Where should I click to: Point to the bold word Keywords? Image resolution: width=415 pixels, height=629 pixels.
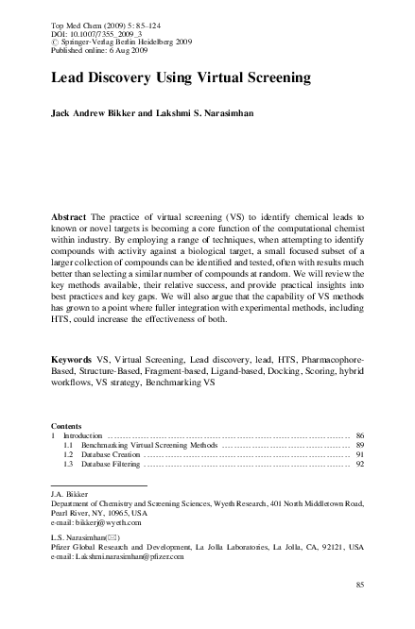pyautogui.click(x=73, y=361)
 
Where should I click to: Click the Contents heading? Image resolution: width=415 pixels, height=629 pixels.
pyautogui.click(x=65, y=426)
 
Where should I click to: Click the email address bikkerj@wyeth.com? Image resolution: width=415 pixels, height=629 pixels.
pyautogui.click(x=107, y=522)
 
